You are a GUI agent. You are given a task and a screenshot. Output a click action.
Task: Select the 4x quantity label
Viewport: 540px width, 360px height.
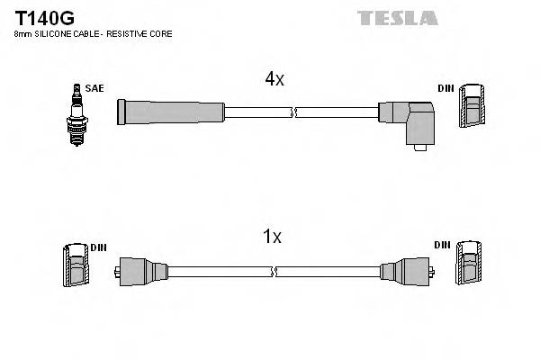(274, 79)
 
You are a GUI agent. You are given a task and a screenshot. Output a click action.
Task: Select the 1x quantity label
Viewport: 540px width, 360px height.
(272, 238)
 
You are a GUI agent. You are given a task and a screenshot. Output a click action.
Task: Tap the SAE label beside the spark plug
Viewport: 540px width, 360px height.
(95, 88)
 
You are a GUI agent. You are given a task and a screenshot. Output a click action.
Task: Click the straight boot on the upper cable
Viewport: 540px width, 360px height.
(171, 112)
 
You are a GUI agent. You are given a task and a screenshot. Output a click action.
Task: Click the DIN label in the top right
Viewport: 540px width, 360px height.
(445, 88)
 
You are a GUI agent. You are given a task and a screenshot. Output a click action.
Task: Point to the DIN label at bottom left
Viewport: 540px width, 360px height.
(98, 247)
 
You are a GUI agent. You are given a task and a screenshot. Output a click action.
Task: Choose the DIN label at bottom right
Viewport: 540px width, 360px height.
(442, 245)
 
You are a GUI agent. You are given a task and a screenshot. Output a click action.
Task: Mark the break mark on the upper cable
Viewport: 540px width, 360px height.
(293, 112)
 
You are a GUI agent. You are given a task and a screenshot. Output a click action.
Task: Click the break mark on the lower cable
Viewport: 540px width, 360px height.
(274, 269)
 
